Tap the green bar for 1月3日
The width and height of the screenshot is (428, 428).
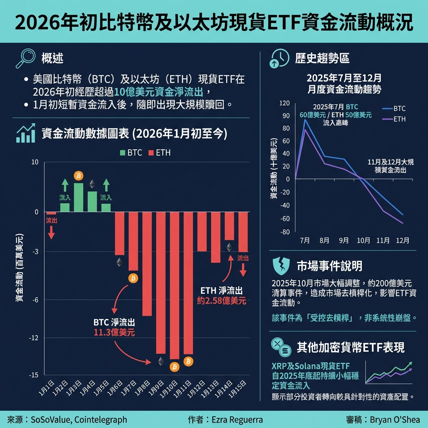pyautogui.click(x=79, y=197)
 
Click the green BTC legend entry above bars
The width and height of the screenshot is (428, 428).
pyautogui.click(x=131, y=153)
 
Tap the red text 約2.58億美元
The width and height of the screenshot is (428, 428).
pyautogui.click(x=221, y=300)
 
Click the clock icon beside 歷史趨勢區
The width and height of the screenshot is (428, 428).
pyautogui.click(x=280, y=59)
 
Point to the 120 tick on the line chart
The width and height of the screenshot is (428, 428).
pyautogui.click(x=285, y=103)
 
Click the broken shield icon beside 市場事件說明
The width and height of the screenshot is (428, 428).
pyautogui.click(x=280, y=266)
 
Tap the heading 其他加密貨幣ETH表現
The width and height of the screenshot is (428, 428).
pyautogui.click(x=350, y=347)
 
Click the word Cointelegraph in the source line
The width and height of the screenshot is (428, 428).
pyautogui.click(x=101, y=419)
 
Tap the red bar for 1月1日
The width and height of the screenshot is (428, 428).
pyautogui.click(x=51, y=214)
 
